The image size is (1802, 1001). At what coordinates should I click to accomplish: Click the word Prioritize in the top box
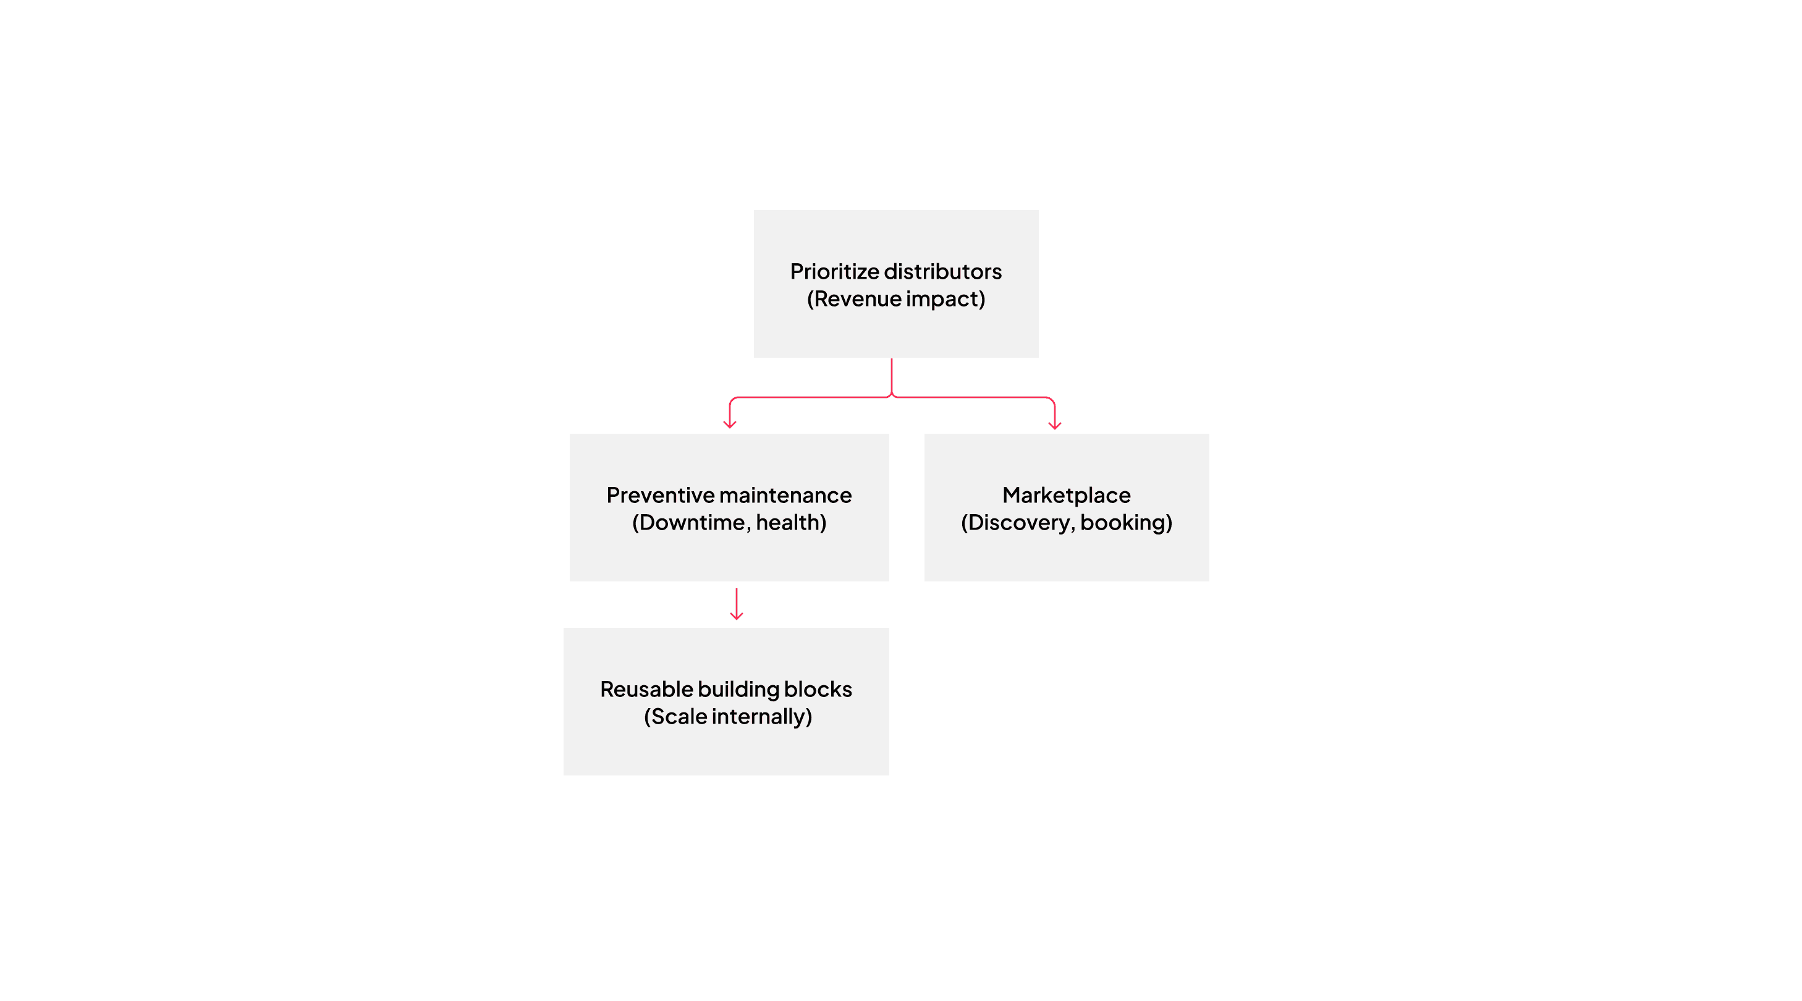click(834, 271)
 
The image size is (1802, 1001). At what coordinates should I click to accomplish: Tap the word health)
click(791, 523)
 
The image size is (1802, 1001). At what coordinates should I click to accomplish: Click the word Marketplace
click(1066, 496)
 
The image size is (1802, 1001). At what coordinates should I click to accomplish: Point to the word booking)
click(1126, 523)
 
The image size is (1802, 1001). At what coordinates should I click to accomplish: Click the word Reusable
click(646, 689)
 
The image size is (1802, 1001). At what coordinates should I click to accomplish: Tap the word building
click(738, 689)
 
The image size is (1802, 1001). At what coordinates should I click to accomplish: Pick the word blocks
click(818, 689)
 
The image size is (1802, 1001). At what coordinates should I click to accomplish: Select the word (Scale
click(675, 717)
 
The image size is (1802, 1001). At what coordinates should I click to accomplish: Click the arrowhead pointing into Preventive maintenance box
click(730, 424)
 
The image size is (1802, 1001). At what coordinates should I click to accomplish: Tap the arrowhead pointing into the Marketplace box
click(1055, 424)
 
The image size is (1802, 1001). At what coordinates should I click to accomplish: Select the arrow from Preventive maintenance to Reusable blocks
click(736, 604)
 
